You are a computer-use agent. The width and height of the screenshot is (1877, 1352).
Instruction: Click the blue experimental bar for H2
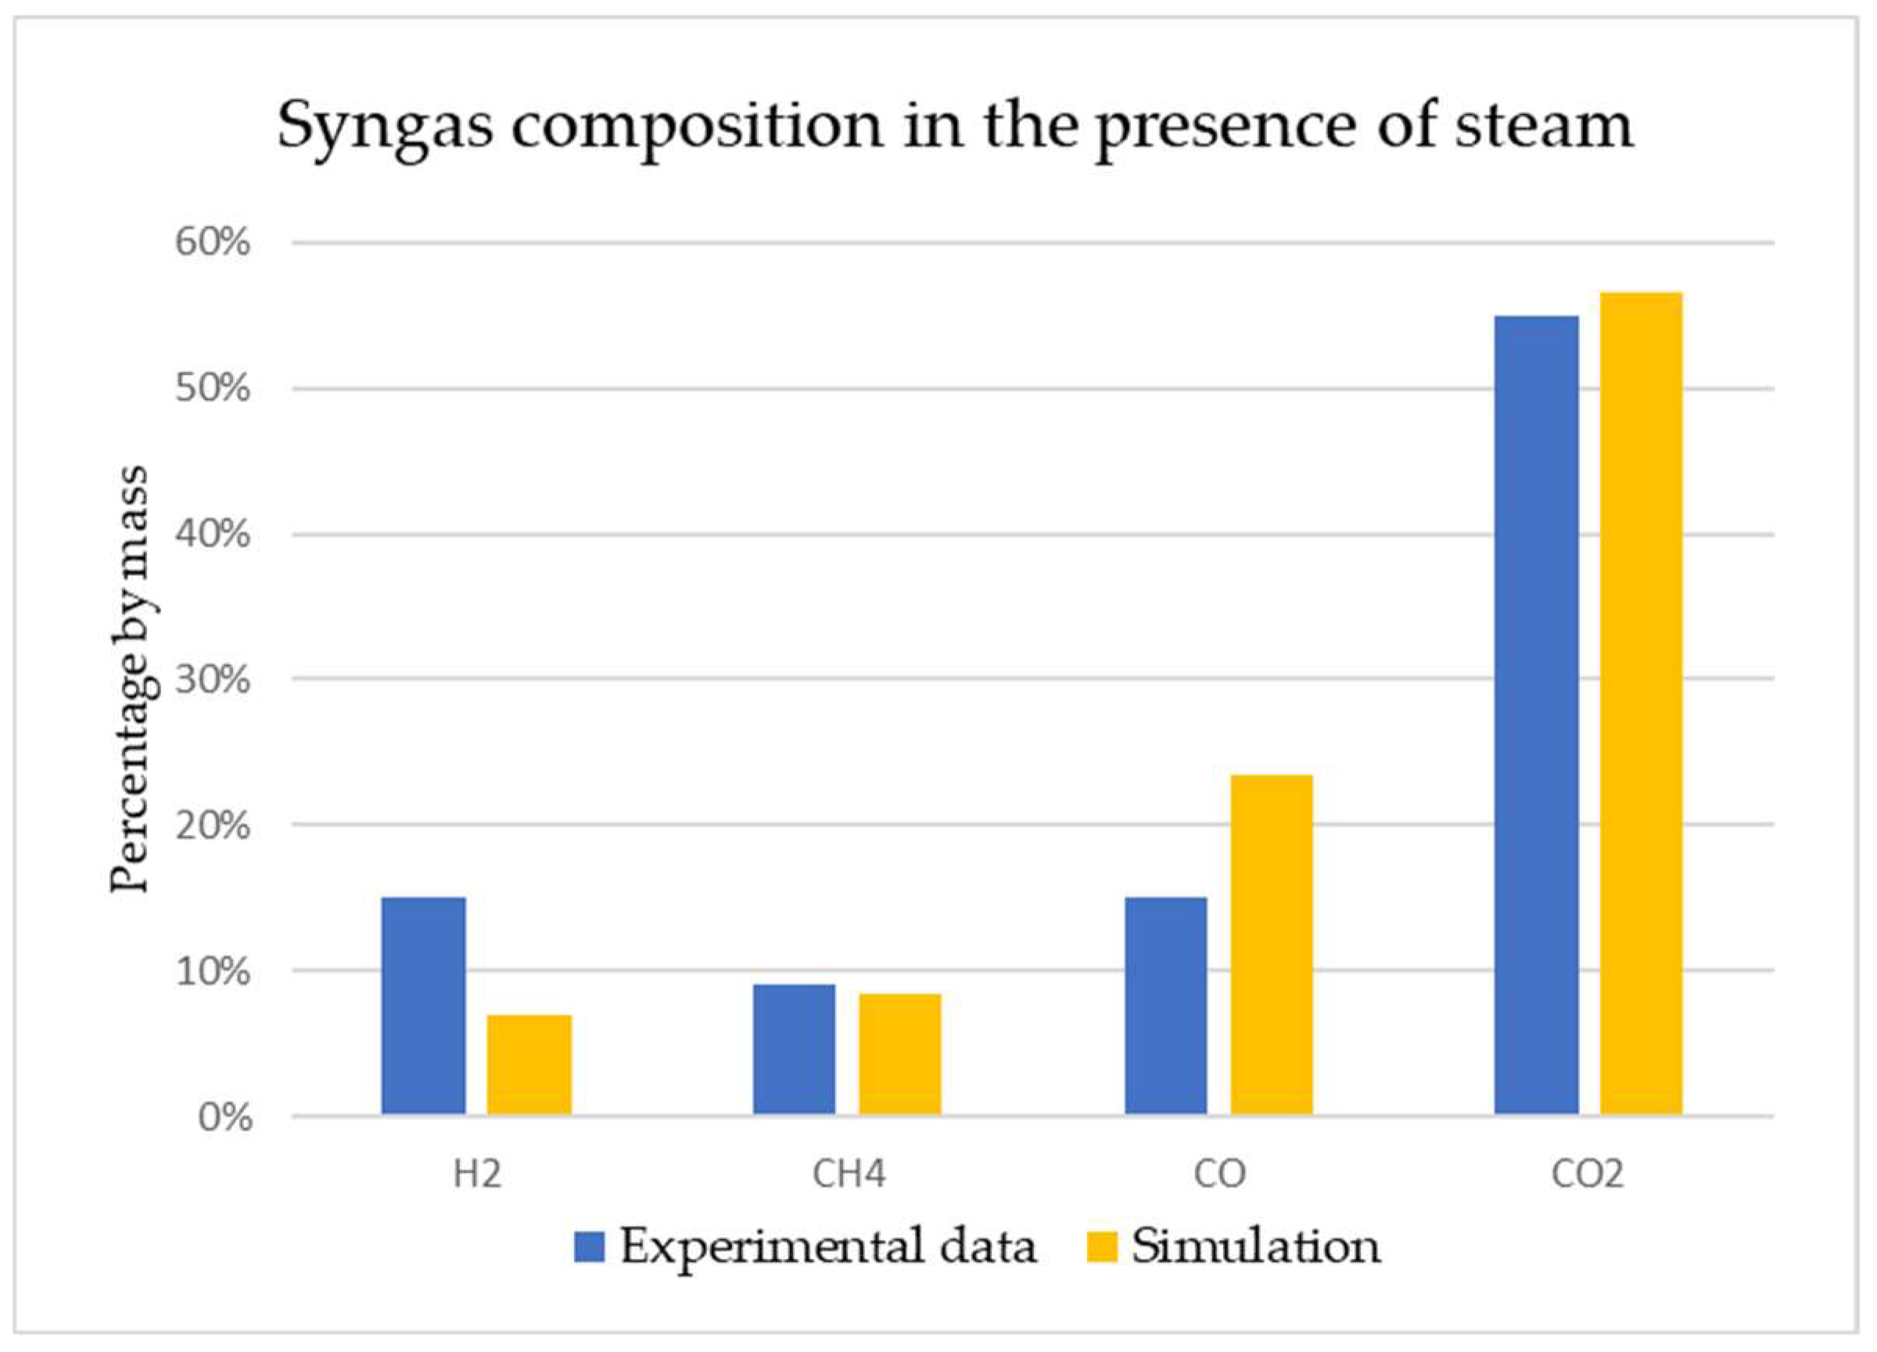(423, 1006)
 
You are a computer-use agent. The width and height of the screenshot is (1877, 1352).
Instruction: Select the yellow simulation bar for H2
(529, 1065)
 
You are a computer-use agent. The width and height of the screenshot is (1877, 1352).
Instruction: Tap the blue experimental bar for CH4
(794, 1049)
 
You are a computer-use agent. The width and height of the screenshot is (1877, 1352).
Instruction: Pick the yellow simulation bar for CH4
(899, 1054)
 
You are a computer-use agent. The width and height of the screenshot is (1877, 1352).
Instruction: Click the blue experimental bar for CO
(1165, 1006)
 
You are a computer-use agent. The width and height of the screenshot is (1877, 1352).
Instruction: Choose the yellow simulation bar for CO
(1271, 944)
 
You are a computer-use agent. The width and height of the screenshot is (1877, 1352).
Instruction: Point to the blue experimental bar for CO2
(1536, 715)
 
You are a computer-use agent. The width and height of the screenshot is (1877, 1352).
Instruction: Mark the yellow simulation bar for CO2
(1641, 703)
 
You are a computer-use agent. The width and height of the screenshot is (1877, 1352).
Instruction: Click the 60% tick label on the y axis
(212, 243)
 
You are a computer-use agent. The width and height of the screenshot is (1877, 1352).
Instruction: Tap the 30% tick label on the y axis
(212, 680)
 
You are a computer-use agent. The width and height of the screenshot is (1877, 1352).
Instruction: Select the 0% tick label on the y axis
(224, 1116)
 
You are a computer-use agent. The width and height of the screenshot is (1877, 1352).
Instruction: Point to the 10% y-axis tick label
(212, 971)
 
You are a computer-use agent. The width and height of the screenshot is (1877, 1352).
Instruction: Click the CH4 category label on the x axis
(849, 1174)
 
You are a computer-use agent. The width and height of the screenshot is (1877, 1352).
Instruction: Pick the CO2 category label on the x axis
(1588, 1174)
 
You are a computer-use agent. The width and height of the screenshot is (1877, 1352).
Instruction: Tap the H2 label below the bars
(477, 1174)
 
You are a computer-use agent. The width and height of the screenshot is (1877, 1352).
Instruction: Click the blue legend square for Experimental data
(589, 1247)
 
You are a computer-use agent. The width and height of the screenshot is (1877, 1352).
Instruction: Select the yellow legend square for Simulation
(1101, 1247)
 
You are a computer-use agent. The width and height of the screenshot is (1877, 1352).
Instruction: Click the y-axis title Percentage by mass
(130, 679)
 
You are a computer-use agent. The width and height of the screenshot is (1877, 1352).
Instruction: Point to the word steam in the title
(1544, 126)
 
